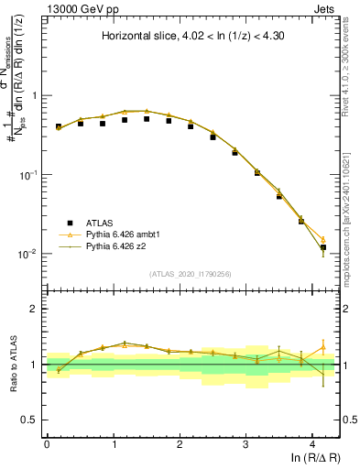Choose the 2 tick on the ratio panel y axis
(34, 309)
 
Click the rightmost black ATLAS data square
(322, 247)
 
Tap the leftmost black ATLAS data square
(59, 126)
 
